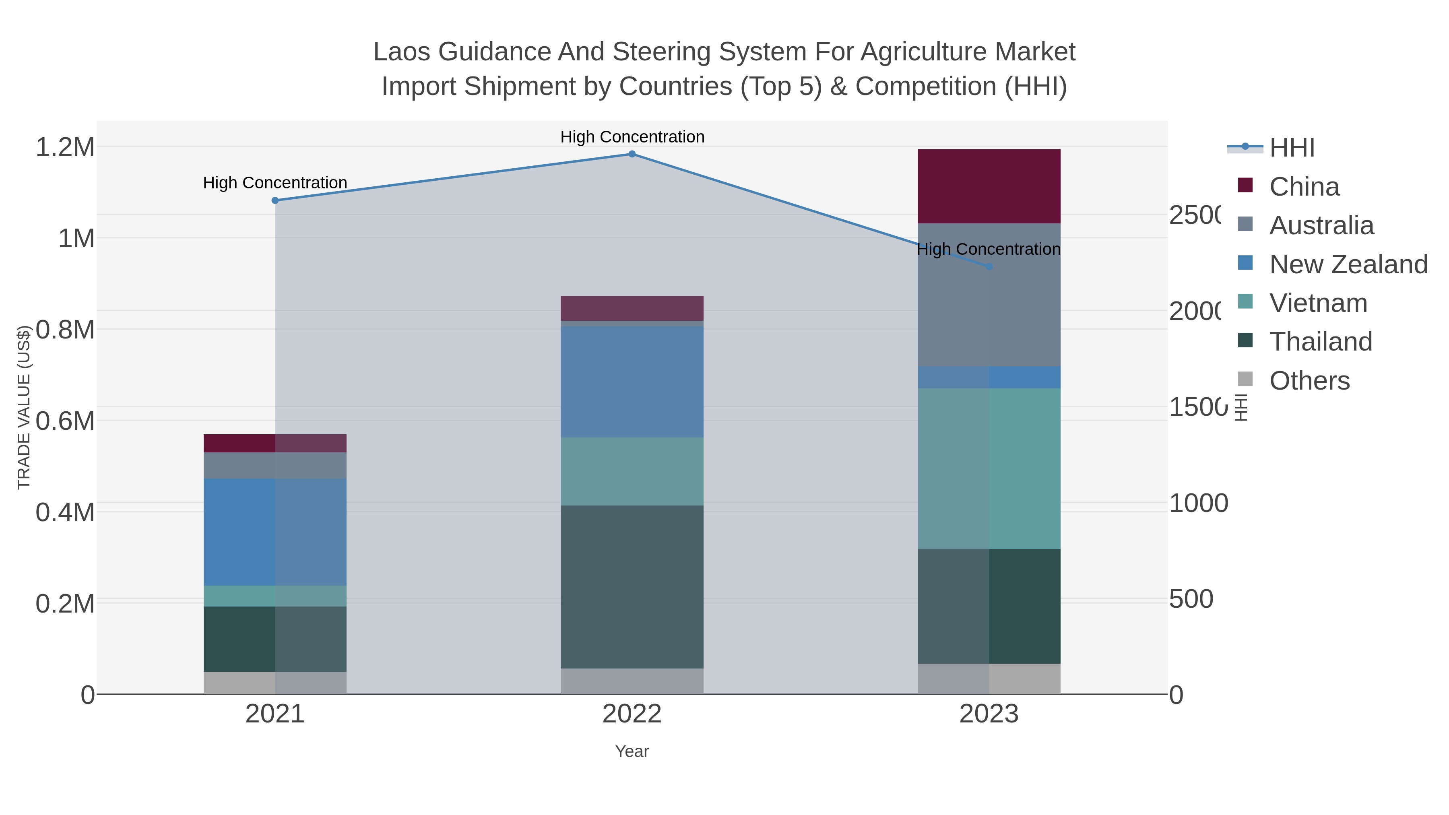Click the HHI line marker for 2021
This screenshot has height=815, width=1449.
(x=275, y=200)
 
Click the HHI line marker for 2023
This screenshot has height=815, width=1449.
(x=989, y=266)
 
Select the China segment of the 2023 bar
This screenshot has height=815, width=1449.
(x=989, y=186)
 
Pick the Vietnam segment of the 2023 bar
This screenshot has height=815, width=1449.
(x=989, y=468)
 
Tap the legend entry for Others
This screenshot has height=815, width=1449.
(x=1309, y=380)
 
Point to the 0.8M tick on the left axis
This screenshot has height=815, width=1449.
(x=65, y=330)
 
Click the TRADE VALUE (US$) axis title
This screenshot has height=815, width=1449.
(x=24, y=407)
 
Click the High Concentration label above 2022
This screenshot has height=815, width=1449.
(x=632, y=137)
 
